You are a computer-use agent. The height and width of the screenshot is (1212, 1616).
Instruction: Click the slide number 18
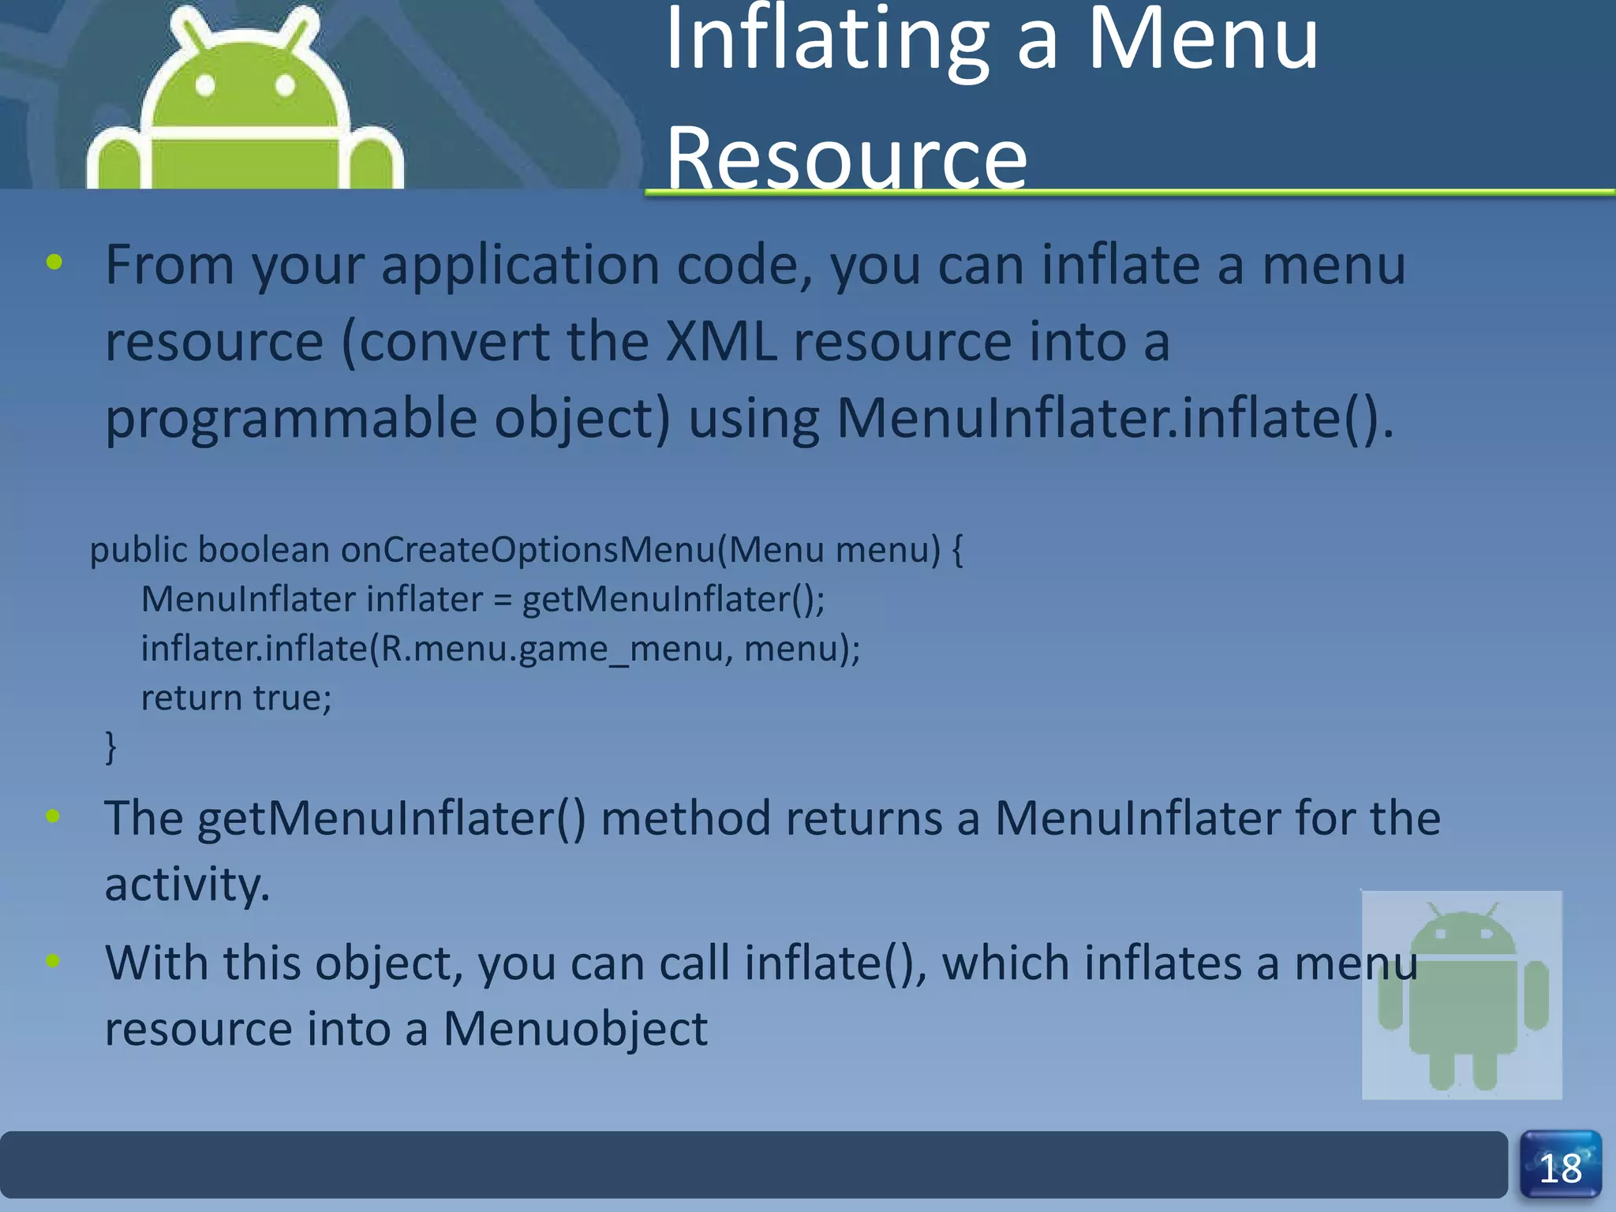tap(1560, 1169)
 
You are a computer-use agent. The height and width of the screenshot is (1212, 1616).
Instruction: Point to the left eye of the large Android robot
tap(205, 85)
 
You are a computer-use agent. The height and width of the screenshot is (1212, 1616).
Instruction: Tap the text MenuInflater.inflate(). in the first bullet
tap(1115, 417)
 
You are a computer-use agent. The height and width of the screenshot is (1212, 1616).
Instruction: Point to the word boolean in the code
tap(264, 549)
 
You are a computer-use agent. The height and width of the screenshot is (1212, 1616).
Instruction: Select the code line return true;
tap(237, 698)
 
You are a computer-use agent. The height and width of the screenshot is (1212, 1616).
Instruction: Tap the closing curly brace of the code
tap(111, 746)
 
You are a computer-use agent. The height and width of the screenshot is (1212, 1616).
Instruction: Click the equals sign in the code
tap(503, 600)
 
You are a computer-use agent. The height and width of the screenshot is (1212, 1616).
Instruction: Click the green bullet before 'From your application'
tap(54, 263)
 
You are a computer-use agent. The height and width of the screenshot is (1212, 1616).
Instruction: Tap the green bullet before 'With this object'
tap(54, 961)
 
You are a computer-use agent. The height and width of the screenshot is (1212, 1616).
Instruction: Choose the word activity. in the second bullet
tap(187, 884)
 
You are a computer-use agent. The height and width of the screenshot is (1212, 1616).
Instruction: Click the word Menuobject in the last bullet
tap(575, 1028)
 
